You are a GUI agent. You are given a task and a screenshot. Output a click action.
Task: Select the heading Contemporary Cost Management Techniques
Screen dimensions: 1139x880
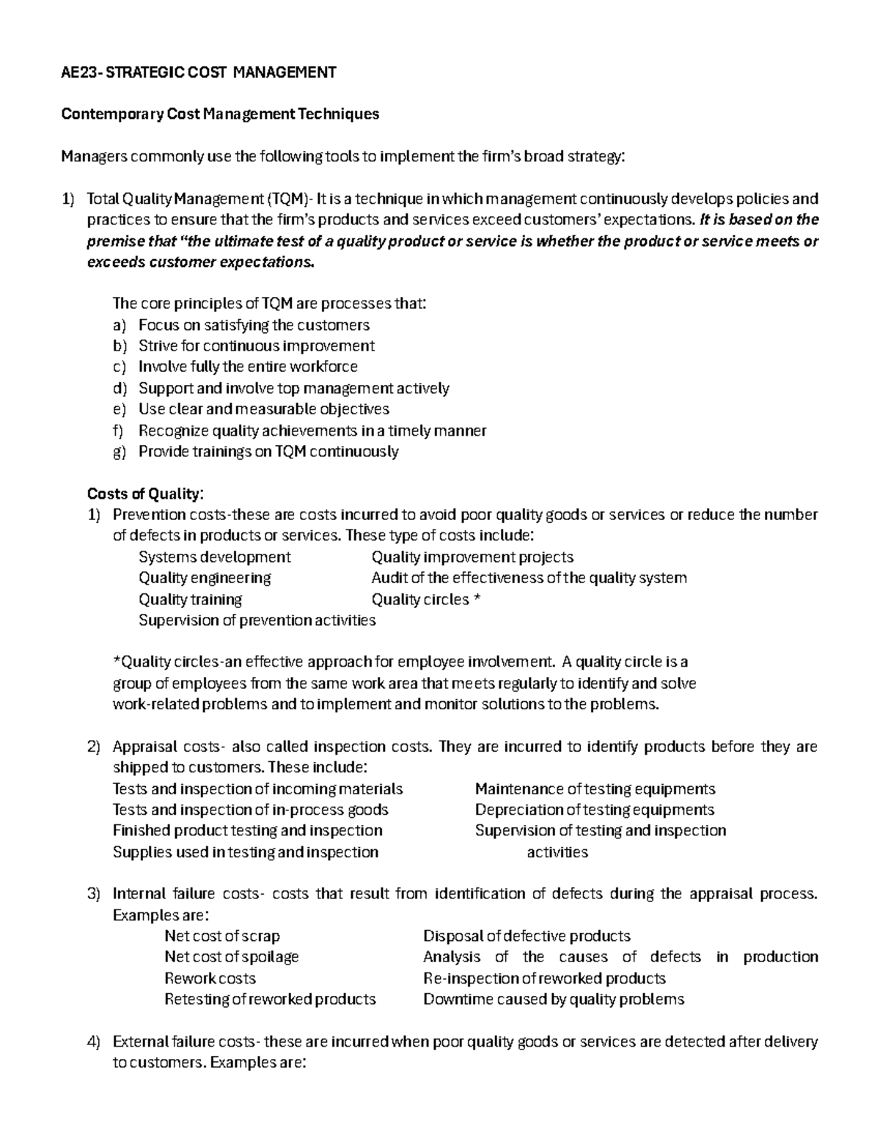pos(220,114)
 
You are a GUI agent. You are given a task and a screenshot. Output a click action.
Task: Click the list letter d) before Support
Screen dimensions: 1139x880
pos(120,388)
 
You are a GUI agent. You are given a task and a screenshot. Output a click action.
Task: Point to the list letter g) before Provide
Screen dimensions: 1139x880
pos(120,452)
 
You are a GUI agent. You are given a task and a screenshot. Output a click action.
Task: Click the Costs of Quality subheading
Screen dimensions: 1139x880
pos(145,493)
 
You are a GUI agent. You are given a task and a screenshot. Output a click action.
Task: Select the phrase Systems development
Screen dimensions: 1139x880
pos(214,557)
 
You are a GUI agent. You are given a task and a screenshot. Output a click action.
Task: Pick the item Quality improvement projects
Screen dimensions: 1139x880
pos(472,557)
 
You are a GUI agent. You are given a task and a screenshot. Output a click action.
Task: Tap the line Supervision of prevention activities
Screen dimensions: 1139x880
pos(257,620)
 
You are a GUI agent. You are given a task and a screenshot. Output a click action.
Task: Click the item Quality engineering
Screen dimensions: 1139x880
pos(205,578)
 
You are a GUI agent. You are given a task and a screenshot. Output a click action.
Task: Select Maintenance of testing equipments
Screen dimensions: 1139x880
pos(595,789)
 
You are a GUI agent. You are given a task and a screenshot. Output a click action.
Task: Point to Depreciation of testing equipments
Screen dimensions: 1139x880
pos(594,810)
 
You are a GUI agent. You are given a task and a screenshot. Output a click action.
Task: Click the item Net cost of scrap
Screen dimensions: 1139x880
pos(221,936)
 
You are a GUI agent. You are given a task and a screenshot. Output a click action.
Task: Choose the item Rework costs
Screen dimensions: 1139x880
pos(210,978)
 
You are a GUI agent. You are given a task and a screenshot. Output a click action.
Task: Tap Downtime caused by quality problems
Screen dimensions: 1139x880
pos(554,999)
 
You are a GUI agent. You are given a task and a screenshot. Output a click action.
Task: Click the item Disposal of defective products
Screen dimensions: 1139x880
pos(527,936)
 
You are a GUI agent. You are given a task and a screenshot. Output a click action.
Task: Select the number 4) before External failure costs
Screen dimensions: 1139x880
pos(93,1041)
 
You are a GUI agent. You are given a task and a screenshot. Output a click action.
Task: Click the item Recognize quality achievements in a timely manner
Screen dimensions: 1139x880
pos(312,431)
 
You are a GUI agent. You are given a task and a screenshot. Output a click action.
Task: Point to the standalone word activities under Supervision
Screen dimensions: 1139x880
pos(557,852)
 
